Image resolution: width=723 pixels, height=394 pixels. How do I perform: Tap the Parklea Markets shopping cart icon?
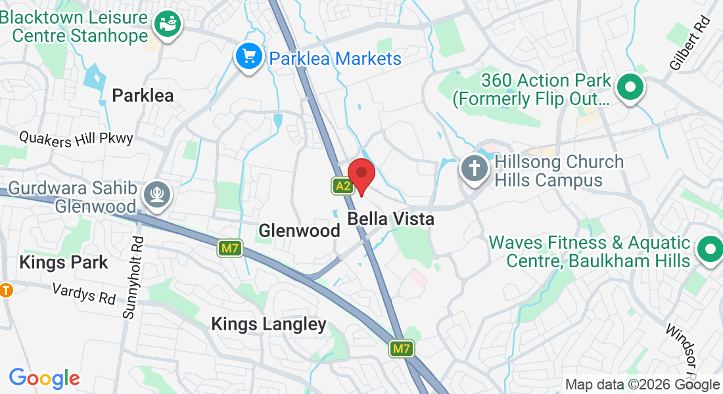tap(248, 57)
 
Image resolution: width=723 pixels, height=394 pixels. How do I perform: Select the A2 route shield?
tap(342, 186)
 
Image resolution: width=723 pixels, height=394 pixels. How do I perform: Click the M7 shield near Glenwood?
tap(229, 248)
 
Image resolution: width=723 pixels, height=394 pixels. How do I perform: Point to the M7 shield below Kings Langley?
tap(402, 349)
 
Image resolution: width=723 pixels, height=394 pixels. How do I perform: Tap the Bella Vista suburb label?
tap(391, 219)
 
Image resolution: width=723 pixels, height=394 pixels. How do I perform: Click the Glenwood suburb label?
tap(299, 230)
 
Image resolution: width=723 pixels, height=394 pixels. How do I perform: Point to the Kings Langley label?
tap(269, 324)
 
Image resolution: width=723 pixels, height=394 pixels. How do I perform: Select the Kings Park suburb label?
tap(64, 263)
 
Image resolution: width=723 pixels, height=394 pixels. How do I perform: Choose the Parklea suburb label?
tap(143, 96)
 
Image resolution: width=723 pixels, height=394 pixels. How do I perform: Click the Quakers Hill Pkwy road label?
tap(76, 138)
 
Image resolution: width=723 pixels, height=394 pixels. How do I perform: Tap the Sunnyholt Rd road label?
tap(132, 277)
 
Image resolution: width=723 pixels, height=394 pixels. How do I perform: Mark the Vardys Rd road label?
tap(83, 294)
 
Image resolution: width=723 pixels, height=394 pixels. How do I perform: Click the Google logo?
tap(44, 378)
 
